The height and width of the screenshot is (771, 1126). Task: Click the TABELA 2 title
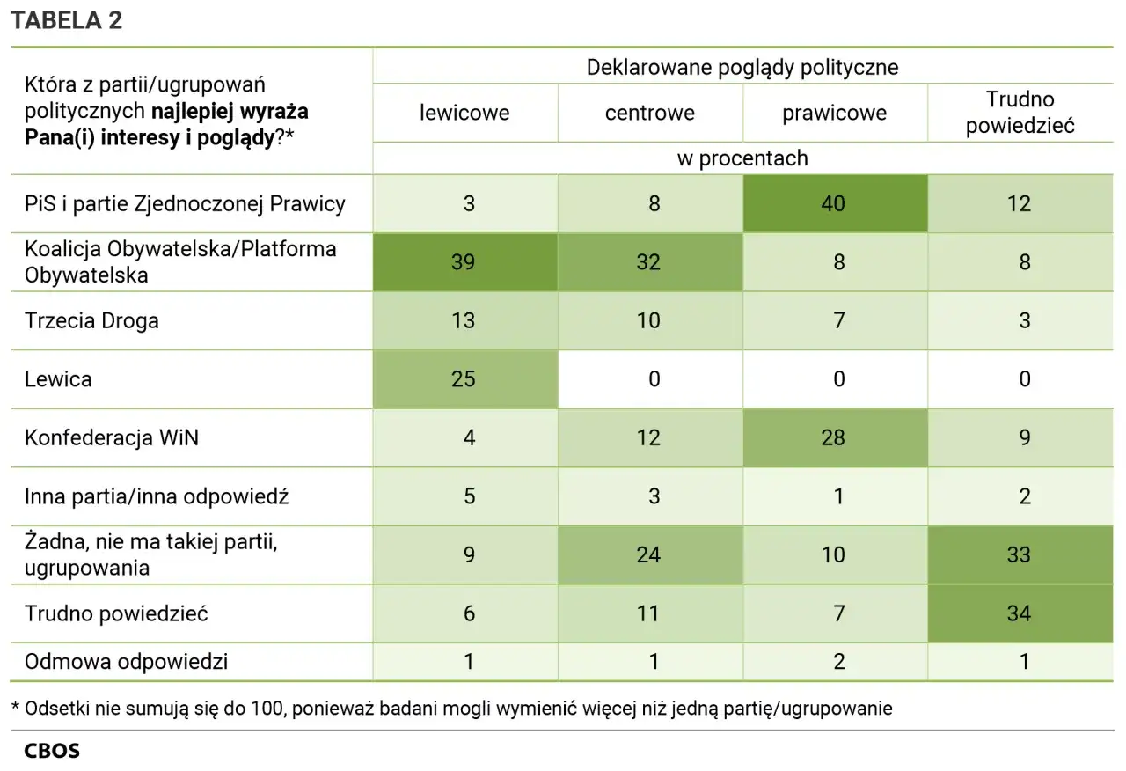[66, 22]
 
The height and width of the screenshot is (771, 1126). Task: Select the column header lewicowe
[464, 113]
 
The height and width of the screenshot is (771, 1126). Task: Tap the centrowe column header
[649, 113]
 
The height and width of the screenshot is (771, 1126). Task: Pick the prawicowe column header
[834, 113]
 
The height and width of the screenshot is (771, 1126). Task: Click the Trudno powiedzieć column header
[1020, 112]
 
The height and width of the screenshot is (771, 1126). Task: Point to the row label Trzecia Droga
[91, 320]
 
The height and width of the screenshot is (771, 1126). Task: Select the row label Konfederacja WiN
[111, 437]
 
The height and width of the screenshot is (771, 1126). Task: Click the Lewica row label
[58, 379]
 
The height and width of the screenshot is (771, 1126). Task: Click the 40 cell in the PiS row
[833, 204]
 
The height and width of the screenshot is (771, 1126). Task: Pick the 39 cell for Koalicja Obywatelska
[464, 262]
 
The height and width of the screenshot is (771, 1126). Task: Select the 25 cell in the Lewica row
[464, 379]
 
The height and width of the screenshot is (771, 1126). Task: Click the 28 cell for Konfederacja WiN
[833, 437]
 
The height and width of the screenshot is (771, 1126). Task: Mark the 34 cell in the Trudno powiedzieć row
[1019, 613]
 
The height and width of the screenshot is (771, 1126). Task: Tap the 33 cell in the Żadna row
[1019, 554]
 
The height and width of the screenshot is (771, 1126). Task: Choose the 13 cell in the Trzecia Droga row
[464, 320]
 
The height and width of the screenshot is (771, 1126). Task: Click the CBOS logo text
[51, 752]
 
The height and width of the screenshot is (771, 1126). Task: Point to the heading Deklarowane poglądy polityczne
[742, 68]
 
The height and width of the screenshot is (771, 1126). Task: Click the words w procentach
[742, 158]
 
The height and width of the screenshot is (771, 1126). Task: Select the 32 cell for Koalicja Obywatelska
[648, 262]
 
